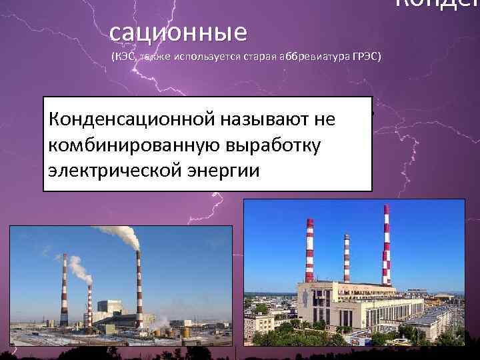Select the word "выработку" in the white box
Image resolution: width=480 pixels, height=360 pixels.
[275, 145]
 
